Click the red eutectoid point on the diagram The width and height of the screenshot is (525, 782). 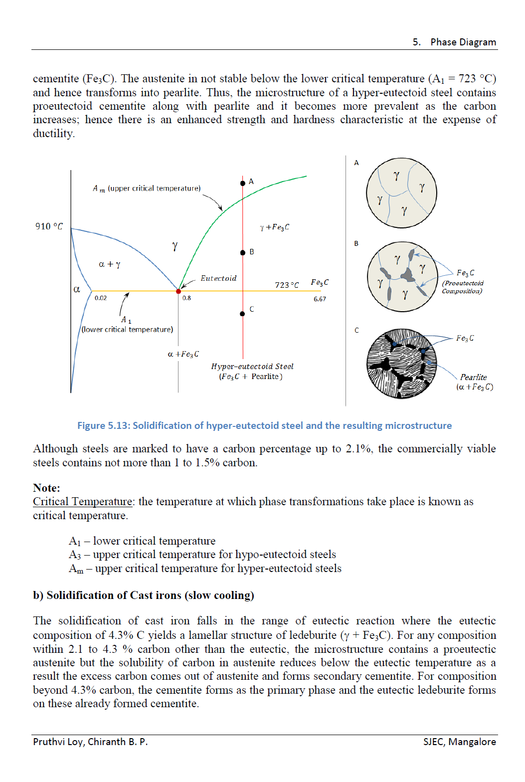tap(178, 291)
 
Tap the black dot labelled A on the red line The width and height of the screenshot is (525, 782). tap(243, 184)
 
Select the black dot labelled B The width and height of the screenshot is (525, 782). tap(243, 253)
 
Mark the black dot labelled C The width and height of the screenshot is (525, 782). tap(242, 314)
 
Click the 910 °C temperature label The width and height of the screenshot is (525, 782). tap(49, 226)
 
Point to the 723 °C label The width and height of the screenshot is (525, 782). tap(287, 285)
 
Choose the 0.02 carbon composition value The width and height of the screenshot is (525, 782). tap(101, 298)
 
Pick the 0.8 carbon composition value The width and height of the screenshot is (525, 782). tap(186, 298)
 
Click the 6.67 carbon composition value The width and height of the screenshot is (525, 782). tap(320, 299)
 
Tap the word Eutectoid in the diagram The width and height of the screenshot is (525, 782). tap(218, 278)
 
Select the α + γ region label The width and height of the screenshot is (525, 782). tap(109, 264)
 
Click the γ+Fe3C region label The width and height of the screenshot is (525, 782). tap(274, 227)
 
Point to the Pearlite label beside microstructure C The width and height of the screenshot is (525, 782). tap(473, 378)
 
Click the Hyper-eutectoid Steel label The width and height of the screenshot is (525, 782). tap(252, 367)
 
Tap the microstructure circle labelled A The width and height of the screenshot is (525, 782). tap(401, 193)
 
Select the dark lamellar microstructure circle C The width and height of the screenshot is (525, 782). tap(401, 364)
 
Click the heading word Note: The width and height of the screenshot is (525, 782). tap(46, 488)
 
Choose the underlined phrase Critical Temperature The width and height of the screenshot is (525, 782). tap(83, 502)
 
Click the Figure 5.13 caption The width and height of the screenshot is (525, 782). tap(264, 425)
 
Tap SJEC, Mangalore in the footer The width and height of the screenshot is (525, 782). tap(459, 742)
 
